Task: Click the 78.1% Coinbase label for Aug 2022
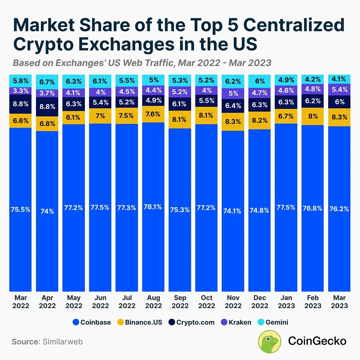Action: (153, 207)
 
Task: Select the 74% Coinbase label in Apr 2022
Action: (47, 211)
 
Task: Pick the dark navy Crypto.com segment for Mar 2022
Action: (21, 104)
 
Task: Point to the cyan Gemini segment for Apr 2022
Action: (47, 82)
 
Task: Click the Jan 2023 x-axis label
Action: (286, 302)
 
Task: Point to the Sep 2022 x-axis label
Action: (180, 302)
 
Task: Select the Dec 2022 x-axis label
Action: (260, 302)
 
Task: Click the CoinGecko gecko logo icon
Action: (270, 341)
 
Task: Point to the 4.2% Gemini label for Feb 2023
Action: (313, 80)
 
